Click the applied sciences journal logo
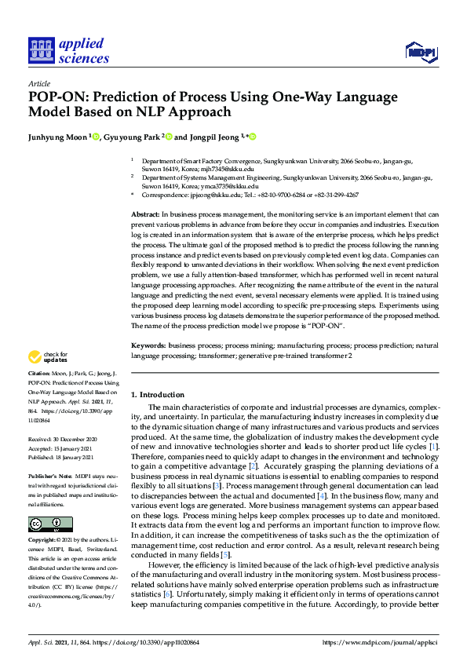(x=68, y=50)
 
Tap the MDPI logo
(x=421, y=52)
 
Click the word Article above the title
(x=38, y=83)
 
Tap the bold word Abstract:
(x=145, y=214)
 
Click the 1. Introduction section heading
(x=157, y=394)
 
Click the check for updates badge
(x=49, y=356)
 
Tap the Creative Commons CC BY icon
(x=50, y=524)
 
